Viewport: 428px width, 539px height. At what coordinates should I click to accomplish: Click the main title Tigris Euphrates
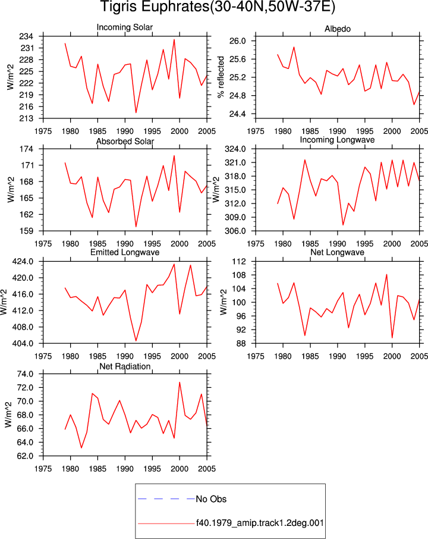coord(218,7)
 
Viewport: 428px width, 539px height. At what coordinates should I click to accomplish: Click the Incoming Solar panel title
coord(125,27)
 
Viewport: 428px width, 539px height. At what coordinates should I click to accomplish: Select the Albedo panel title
coord(338,29)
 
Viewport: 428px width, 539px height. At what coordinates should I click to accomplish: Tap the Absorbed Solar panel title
coord(125,141)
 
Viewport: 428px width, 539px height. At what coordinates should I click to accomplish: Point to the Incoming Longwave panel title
coord(337,140)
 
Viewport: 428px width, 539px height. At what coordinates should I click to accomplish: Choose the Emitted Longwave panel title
coord(125,252)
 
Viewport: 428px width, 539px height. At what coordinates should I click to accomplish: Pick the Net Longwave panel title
coord(337,252)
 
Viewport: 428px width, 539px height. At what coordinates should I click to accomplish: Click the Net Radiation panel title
coord(125,366)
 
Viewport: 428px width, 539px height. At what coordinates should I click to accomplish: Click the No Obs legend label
coord(211,499)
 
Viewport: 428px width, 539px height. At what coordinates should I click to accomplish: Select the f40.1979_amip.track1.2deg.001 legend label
coord(260,523)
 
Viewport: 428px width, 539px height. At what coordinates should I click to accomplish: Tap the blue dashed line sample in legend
coord(166,499)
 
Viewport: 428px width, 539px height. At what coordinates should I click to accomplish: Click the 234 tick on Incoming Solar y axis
coord(26,36)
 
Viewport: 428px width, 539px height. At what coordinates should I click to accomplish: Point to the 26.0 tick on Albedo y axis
coord(238,41)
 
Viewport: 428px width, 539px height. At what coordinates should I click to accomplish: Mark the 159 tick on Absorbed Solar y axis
coord(26,231)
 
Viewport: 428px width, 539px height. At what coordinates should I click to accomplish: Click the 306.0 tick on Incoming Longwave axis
coord(235,231)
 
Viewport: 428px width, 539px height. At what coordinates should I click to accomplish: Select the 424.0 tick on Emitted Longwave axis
coord(23,261)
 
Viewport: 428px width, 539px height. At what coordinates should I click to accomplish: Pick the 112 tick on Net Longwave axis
coord(239,261)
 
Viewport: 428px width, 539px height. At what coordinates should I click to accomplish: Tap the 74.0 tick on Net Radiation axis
coord(25,374)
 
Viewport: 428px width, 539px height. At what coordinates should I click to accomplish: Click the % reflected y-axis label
coord(221,77)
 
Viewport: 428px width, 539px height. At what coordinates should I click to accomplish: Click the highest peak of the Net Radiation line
coord(180,383)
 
